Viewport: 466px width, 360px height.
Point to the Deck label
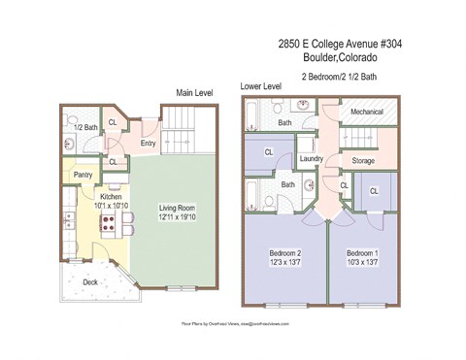tap(89, 282)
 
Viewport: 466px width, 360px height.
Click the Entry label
tap(149, 144)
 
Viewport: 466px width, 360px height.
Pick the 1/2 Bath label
tap(84, 127)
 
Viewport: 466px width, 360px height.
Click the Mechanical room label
tap(366, 112)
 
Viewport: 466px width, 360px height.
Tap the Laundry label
tap(311, 158)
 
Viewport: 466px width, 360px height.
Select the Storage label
tap(363, 160)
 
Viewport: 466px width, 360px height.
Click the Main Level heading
tap(194, 93)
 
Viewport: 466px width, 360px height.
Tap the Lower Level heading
tap(260, 86)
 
